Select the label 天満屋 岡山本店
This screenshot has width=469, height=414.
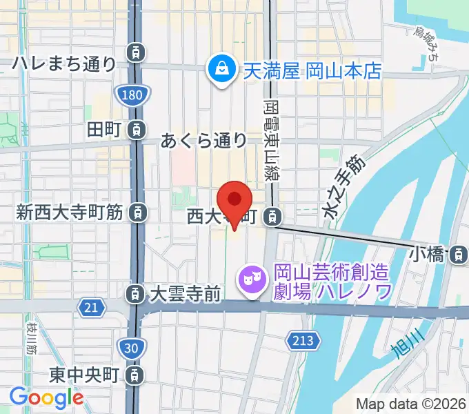pos(310,71)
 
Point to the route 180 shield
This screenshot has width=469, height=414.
pos(134,95)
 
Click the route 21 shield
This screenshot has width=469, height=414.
pos(92,308)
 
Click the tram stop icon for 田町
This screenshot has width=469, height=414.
pos(137,129)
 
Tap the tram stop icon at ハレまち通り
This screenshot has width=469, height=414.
pos(136,51)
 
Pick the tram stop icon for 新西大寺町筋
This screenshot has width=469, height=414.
pos(137,213)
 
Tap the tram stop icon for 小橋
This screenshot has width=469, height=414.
pos(456,255)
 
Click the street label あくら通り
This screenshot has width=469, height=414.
pos(204,141)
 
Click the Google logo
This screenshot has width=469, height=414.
pos(46,397)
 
